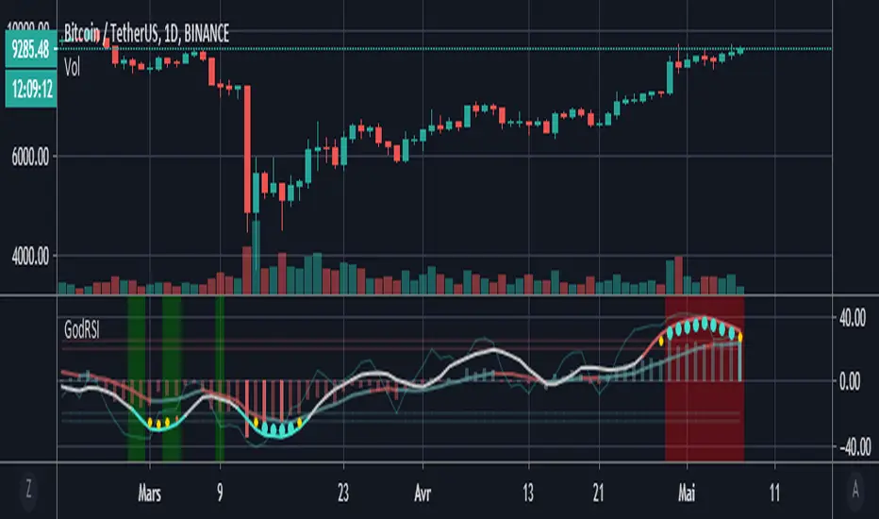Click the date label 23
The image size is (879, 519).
click(342, 492)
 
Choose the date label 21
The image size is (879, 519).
click(597, 492)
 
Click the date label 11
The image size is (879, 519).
click(773, 492)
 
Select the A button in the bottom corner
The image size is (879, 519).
click(854, 491)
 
